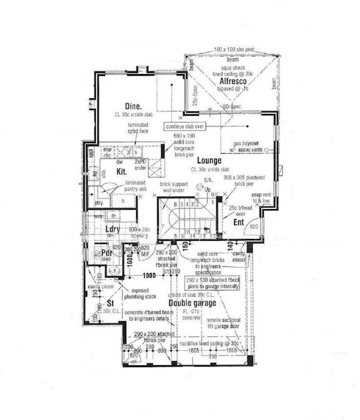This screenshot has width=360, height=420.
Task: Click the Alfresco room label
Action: [233, 82]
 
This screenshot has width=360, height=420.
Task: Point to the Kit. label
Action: [122, 169]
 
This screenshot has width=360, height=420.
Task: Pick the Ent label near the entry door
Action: [238, 222]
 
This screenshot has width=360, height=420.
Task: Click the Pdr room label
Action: [106, 253]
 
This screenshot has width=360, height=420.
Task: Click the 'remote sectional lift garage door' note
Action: [229, 322]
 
